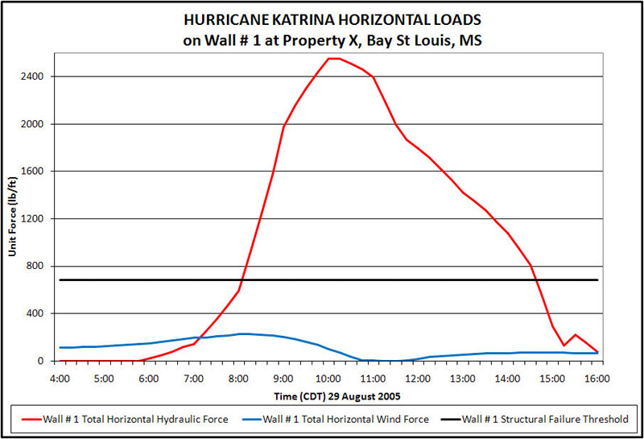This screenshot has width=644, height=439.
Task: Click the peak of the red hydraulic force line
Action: (x=332, y=58)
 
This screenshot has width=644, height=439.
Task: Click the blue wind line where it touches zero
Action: (x=382, y=360)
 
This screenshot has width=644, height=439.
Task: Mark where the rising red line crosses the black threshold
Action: (x=242, y=280)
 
